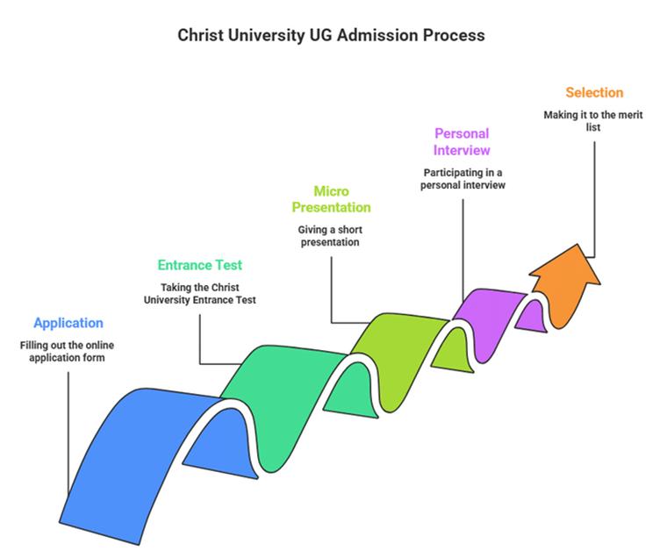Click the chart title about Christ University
click(330, 36)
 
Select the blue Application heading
click(68, 323)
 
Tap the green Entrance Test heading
click(200, 264)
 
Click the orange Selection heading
click(594, 92)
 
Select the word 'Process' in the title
click(455, 36)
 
